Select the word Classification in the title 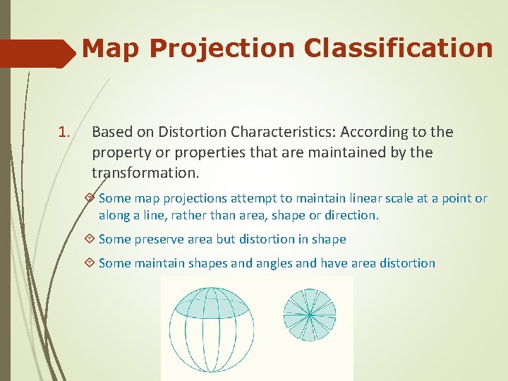coord(399,48)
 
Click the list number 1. coord(64,132)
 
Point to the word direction coord(352,215)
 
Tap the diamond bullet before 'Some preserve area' coord(89,239)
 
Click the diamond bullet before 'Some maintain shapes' coord(89,263)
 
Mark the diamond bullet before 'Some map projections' coord(89,198)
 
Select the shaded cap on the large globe coord(209,301)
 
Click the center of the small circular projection coord(309,314)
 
